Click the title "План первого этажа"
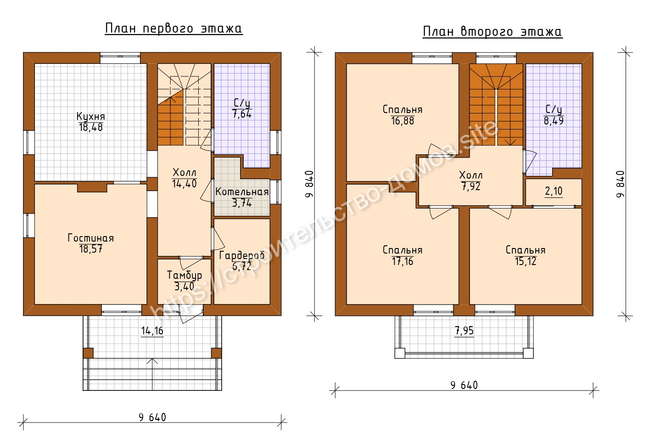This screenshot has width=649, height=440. click(173, 28)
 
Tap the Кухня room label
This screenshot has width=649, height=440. click(91, 117)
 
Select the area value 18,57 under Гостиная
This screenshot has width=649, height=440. click(91, 249)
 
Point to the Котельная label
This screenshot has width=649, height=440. click(242, 192)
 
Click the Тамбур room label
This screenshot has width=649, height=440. click(184, 276)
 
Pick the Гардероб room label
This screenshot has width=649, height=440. click(242, 255)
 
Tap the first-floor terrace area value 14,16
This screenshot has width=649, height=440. click(152, 331)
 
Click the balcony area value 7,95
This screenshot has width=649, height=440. click(464, 331)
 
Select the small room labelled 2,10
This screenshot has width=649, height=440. click(554, 192)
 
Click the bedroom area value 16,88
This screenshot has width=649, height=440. click(403, 121)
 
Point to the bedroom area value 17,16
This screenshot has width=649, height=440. click(403, 261)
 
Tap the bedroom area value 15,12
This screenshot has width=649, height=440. click(526, 261)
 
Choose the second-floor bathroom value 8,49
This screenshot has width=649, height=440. click(554, 121)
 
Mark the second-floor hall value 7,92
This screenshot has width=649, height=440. click(471, 186)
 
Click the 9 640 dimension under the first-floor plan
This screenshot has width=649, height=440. click(152, 417)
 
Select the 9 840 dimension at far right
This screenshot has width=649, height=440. click(621, 184)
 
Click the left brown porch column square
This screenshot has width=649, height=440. click(88, 353)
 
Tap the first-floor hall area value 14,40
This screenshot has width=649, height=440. click(185, 184)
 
